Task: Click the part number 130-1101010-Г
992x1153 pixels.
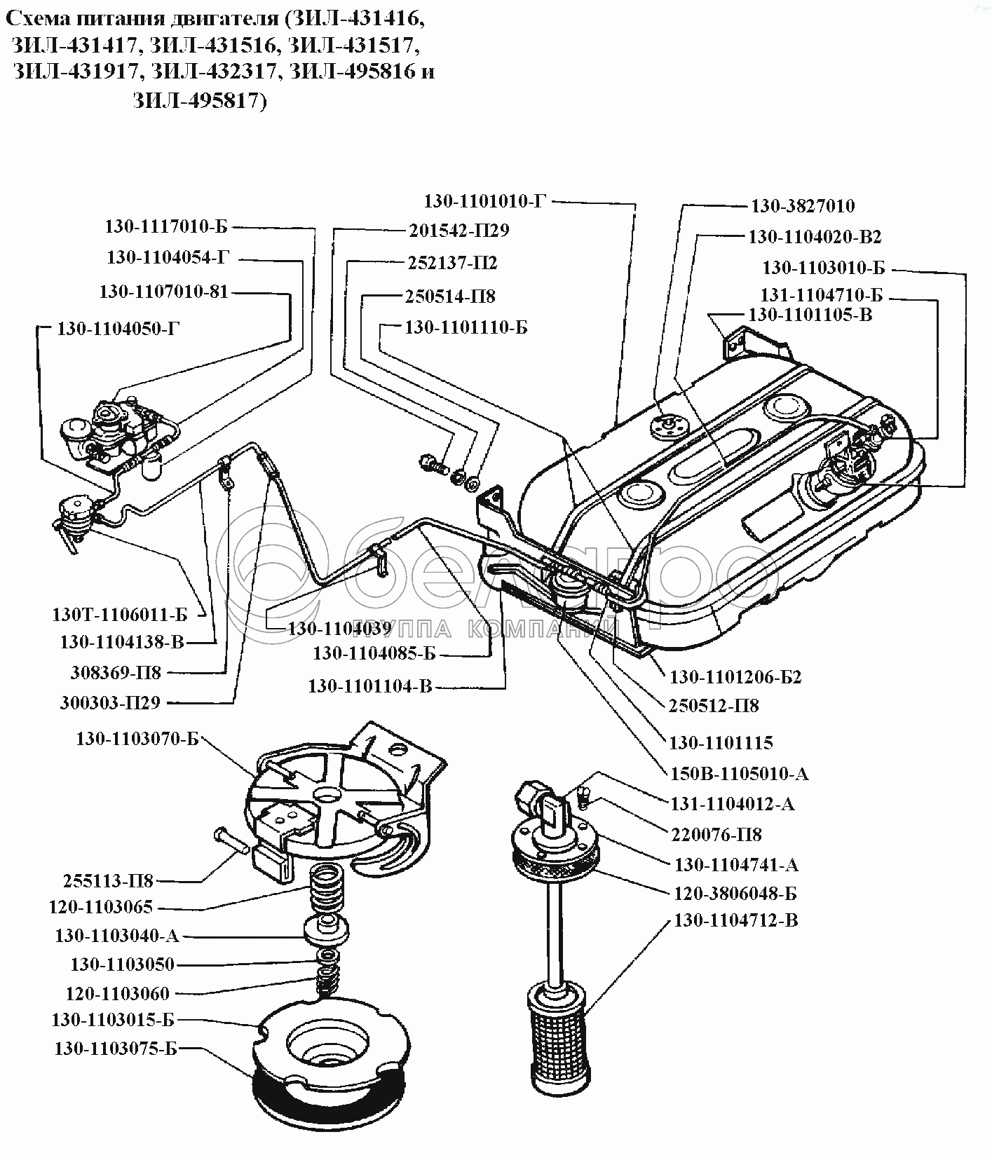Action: tap(484, 201)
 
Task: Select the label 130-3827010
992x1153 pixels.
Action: tap(803, 205)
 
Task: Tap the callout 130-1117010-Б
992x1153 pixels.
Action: tap(167, 226)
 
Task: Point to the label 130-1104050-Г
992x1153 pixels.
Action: tap(118, 329)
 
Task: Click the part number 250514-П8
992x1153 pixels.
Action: tap(450, 296)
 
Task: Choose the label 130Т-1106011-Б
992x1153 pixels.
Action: tap(120, 614)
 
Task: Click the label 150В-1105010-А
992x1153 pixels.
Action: tap(739, 773)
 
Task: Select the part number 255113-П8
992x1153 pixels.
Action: tap(108, 880)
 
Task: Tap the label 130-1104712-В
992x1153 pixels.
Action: tap(735, 920)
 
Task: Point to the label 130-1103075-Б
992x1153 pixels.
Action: tap(116, 1049)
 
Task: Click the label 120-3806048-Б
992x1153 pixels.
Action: tap(735, 893)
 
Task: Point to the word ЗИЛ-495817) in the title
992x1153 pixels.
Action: tap(201, 102)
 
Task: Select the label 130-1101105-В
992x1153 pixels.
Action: tap(810, 315)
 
